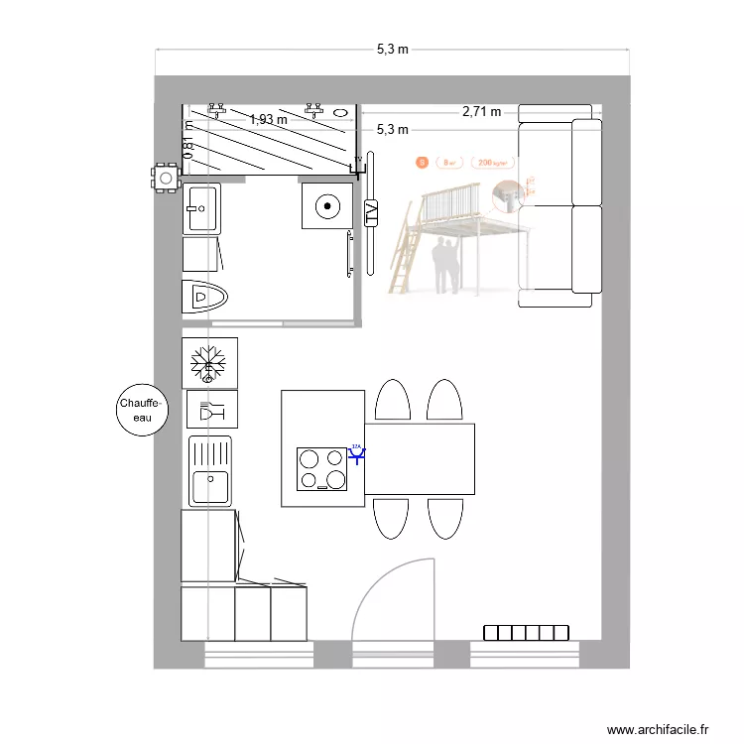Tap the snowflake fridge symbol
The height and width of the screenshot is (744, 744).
(209, 361)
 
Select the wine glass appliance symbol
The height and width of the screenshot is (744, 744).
(210, 409)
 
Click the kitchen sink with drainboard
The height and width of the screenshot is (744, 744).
(210, 471)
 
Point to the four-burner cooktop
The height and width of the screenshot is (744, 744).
(322, 469)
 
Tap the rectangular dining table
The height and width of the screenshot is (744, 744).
(419, 459)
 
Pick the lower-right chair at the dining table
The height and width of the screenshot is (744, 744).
(444, 518)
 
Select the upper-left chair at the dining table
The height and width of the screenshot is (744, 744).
(392, 401)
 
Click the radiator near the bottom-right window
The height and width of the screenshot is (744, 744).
(527, 633)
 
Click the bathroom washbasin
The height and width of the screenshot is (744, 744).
(201, 208)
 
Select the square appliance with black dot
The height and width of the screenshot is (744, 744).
(325, 206)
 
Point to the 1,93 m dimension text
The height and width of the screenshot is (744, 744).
(268, 119)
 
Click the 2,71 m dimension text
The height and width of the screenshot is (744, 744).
(481, 112)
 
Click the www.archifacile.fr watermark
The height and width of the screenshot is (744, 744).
(659, 729)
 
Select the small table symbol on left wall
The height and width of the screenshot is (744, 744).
(165, 179)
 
